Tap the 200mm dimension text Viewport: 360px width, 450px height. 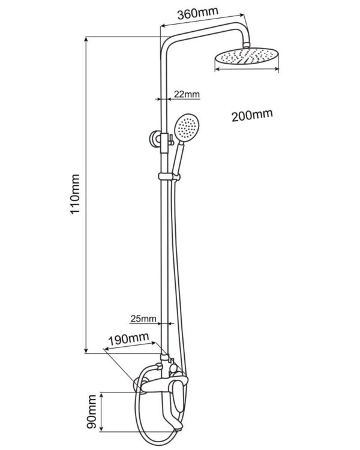pos(252,115)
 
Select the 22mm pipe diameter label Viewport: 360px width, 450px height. pos(187,94)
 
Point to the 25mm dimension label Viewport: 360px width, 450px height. pos(143,318)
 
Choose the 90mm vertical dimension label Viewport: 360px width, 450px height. pos(92,412)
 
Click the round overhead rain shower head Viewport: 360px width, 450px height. pos(247,57)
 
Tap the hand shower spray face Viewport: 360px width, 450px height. pos(185,127)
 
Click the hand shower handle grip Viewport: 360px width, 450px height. pos(177,157)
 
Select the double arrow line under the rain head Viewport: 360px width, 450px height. pos(247,70)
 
